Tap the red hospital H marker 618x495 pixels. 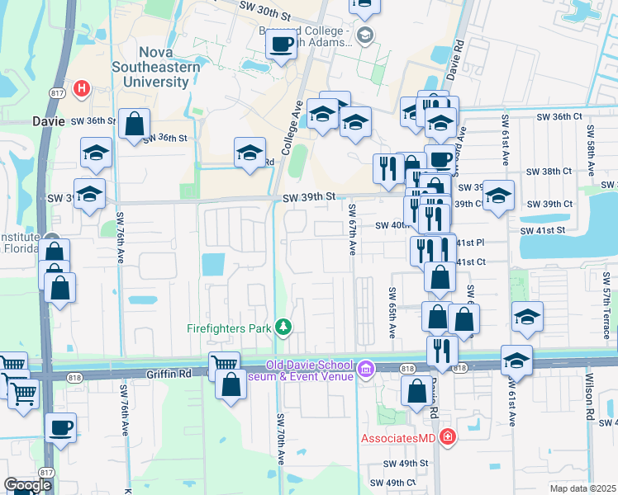point(82,87)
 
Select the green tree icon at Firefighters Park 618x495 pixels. point(284,328)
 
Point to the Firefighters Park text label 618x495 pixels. point(230,328)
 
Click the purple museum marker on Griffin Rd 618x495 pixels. point(366,369)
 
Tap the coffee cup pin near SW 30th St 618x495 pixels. point(282,44)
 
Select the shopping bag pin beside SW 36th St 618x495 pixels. point(134,125)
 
